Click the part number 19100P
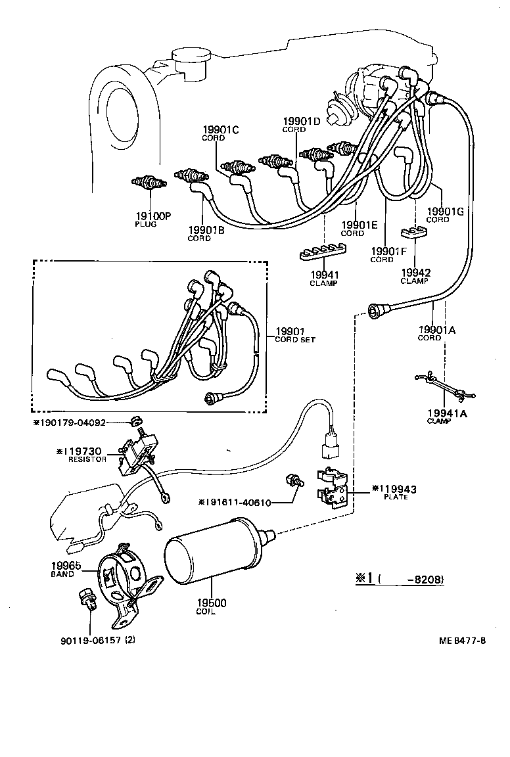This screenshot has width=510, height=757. (152, 216)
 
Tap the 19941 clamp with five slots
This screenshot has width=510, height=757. (323, 254)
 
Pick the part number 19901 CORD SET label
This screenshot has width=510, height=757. (295, 332)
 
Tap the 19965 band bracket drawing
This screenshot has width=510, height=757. (124, 575)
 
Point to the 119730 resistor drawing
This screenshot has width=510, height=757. (137, 453)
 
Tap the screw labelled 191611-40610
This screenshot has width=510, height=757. (292, 480)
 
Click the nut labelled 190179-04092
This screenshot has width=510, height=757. (135, 420)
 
